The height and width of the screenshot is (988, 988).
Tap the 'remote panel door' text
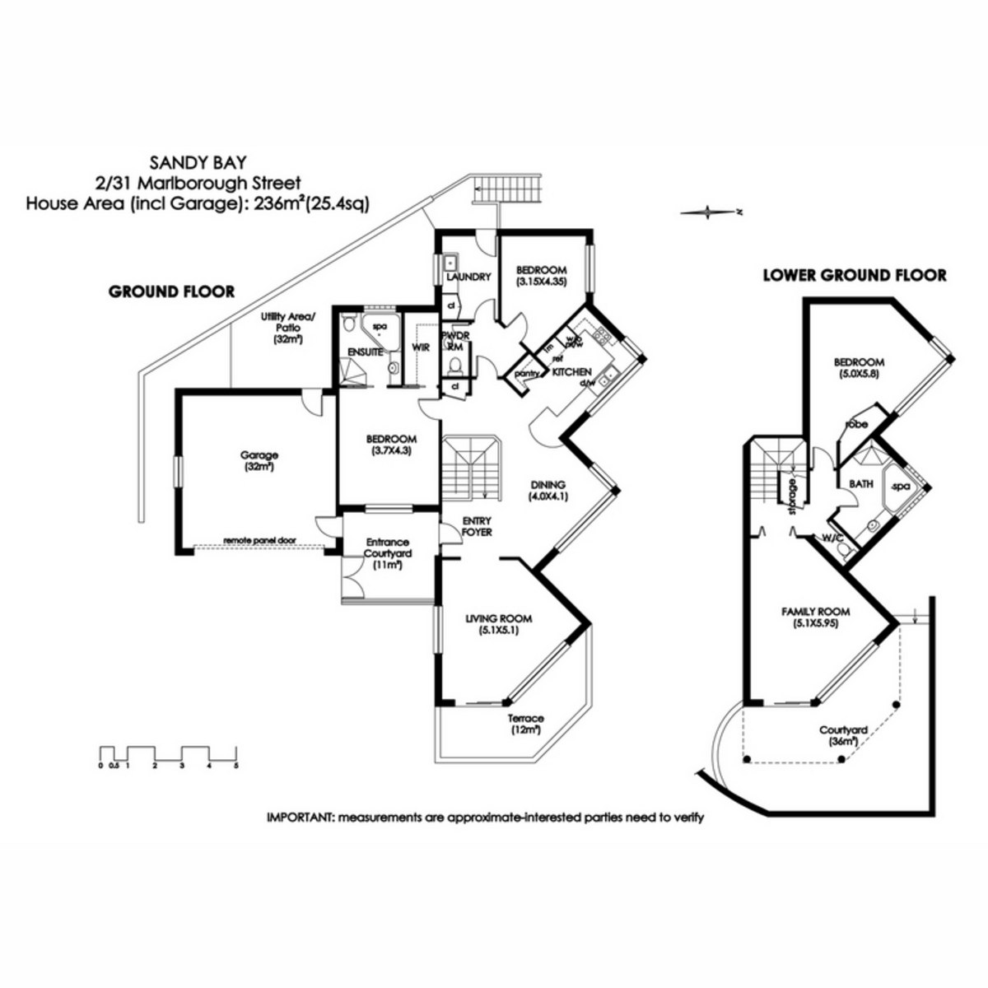click(259, 542)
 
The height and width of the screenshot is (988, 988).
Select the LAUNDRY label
click(468, 277)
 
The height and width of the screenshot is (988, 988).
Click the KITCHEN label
click(571, 372)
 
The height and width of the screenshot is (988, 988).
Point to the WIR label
click(421, 347)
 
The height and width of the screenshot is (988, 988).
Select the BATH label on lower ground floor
click(861, 484)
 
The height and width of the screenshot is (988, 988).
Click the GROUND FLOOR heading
click(172, 291)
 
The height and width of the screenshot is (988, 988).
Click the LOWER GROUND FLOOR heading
click(855, 275)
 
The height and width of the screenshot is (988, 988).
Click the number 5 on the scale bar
click(236, 765)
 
